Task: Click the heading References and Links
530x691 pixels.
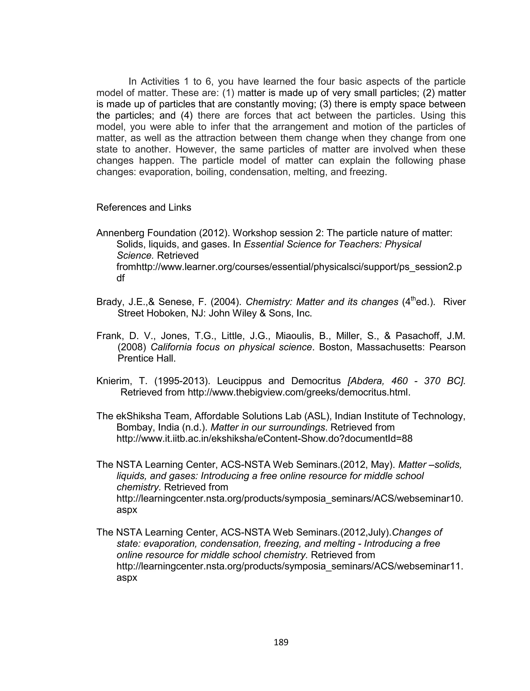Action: click(x=144, y=208)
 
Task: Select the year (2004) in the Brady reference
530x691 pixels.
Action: click(x=226, y=302)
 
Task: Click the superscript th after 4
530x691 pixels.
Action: click(x=413, y=299)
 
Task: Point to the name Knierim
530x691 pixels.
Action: click(x=114, y=381)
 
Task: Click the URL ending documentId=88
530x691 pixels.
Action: click(x=264, y=439)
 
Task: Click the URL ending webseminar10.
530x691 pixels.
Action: click(x=290, y=499)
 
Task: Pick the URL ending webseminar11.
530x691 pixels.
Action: click(x=290, y=566)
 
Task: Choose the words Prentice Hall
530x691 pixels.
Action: click(x=146, y=358)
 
